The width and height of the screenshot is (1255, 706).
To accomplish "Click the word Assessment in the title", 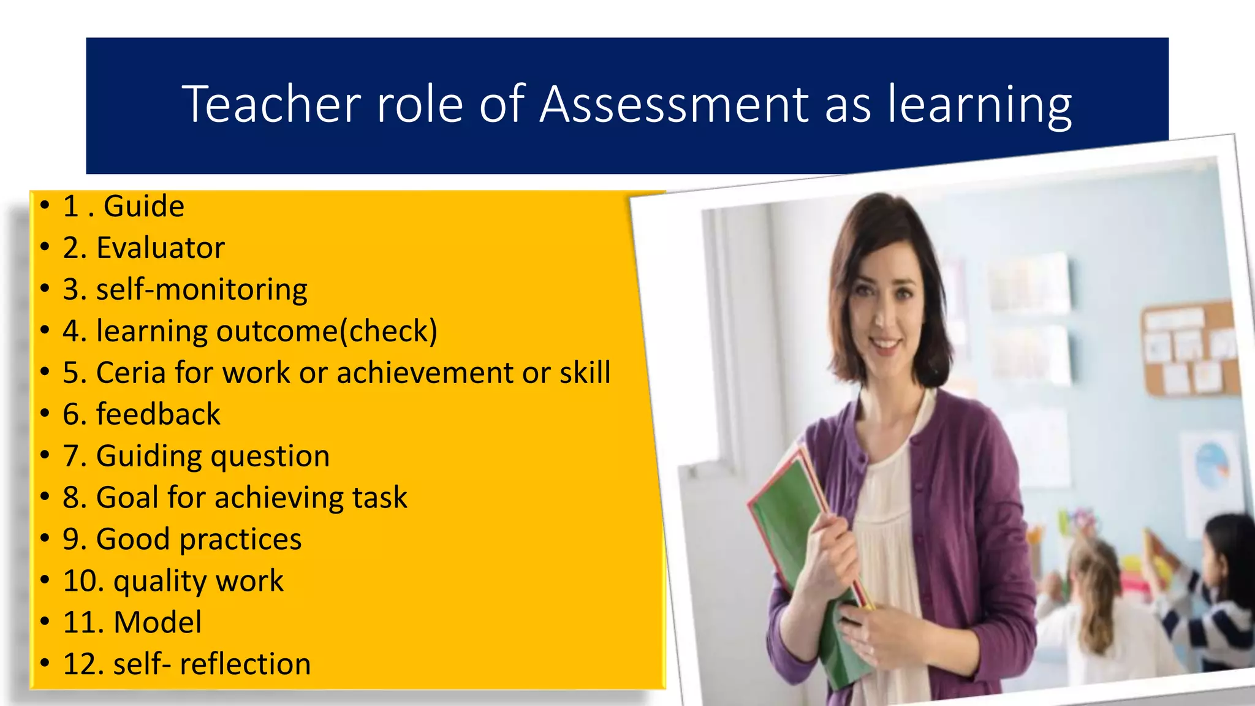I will [x=674, y=104].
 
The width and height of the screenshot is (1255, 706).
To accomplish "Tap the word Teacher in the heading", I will [x=271, y=104].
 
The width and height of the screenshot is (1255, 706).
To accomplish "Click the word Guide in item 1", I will [x=143, y=206].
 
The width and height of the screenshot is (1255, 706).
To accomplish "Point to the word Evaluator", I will [x=161, y=248].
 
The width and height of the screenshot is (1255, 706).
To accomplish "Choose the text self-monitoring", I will [x=202, y=289].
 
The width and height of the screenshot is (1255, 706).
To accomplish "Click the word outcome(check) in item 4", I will [x=327, y=331].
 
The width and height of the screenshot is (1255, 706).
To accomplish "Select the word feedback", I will [x=158, y=414].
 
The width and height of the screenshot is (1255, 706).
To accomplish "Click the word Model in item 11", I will [x=157, y=623].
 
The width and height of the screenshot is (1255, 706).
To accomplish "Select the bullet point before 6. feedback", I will [x=45, y=414].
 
